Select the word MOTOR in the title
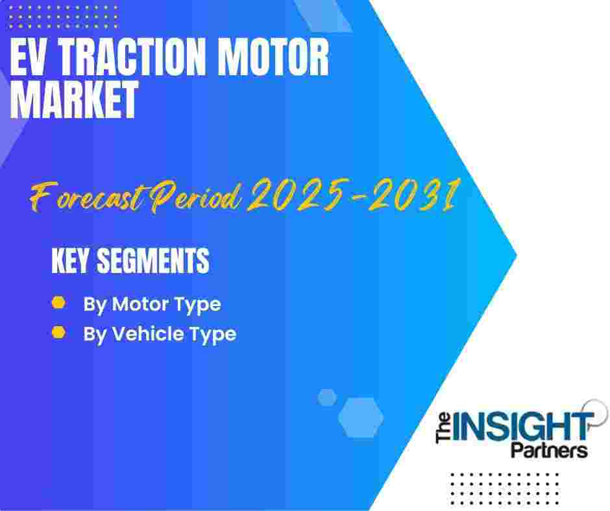point(273,58)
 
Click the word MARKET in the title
point(74,99)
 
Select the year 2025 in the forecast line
point(297,195)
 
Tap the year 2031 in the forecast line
point(413,195)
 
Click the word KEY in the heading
point(70,261)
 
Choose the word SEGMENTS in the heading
point(153,261)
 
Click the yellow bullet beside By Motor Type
point(59,303)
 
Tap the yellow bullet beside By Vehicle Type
point(59,333)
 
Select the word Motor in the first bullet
point(140,303)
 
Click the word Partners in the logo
point(549,450)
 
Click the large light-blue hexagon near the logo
point(361,417)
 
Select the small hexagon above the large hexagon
point(327,397)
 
